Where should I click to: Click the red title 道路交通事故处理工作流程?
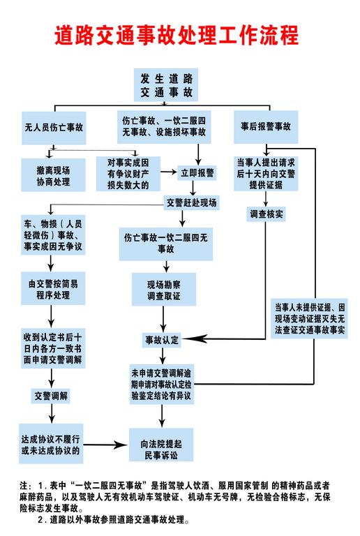pyautogui.click(x=177, y=35)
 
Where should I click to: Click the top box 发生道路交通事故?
pyautogui.click(x=166, y=84)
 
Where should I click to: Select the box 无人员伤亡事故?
pyautogui.click(x=54, y=128)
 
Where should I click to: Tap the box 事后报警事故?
pyautogui.click(x=266, y=127)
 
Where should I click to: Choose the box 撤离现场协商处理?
pyautogui.click(x=53, y=175)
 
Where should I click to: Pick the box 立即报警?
pyautogui.click(x=197, y=173)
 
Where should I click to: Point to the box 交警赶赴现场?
pyautogui.click(x=192, y=202)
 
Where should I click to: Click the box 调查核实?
pyautogui.click(x=266, y=214)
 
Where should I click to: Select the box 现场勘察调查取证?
pyautogui.click(x=164, y=289)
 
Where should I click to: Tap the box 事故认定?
pyautogui.click(x=162, y=340)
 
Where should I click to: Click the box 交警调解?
pyautogui.click(x=50, y=396)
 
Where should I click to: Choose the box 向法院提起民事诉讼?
pyautogui.click(x=161, y=445)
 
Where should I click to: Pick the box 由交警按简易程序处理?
pyautogui.click(x=53, y=288)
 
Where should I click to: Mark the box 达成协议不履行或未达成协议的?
pyautogui.click(x=51, y=444)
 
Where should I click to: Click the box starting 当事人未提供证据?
pyautogui.click(x=310, y=318)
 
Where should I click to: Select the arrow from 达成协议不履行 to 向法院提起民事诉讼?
pyautogui.click(x=105, y=445)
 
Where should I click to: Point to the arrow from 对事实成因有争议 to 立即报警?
pyautogui.click(x=169, y=172)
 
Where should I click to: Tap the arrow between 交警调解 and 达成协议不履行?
pyautogui.click(x=51, y=414)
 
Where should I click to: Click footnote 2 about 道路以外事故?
pyautogui.click(x=113, y=520)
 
